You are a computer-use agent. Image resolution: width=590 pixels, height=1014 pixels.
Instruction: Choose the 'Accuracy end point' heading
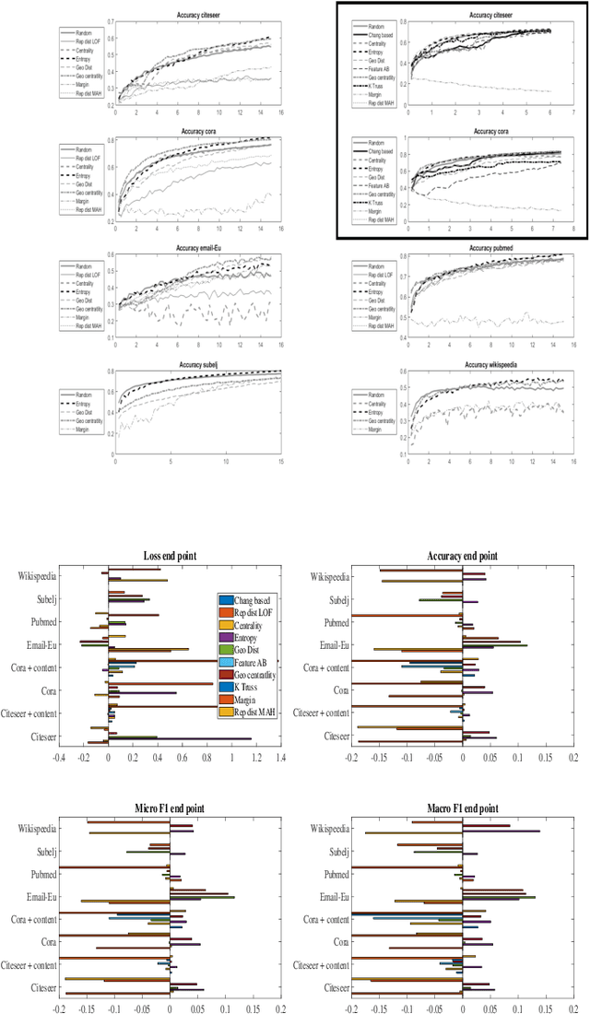461,556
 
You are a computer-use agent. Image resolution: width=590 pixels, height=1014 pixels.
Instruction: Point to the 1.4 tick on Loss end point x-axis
280,758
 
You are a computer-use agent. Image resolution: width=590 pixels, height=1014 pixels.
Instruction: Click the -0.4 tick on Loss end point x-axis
59,758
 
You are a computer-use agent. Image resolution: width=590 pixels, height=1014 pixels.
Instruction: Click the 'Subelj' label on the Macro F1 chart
331,852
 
